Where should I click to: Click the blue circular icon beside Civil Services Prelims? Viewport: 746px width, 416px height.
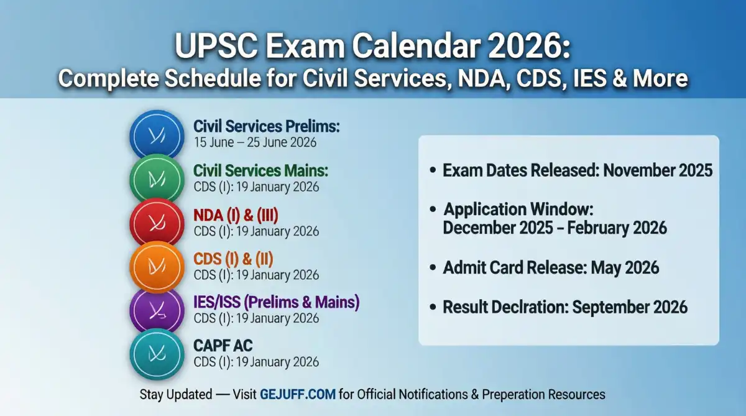[156, 136]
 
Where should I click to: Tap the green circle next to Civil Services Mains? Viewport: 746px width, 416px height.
[156, 179]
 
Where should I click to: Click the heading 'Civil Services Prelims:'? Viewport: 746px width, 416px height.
[266, 126]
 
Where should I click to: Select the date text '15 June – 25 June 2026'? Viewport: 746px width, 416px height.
[255, 142]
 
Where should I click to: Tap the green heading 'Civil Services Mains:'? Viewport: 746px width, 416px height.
[260, 170]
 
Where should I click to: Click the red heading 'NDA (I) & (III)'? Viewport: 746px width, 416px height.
[236, 215]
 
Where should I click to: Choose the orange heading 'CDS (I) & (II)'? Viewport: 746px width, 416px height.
[233, 259]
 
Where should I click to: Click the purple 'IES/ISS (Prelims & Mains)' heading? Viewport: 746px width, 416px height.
[277, 303]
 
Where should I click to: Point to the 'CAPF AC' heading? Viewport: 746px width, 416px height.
[223, 346]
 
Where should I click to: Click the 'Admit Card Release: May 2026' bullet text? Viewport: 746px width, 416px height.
[551, 268]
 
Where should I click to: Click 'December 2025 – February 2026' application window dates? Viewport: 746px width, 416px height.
[555, 228]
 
